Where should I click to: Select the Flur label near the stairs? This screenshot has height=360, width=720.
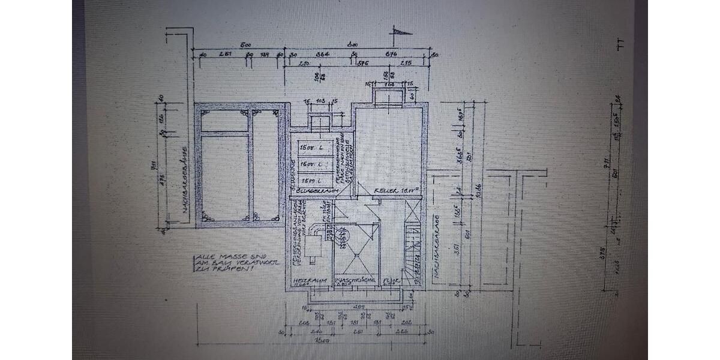tap(390, 280)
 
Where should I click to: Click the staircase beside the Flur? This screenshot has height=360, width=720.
tap(413, 252)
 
